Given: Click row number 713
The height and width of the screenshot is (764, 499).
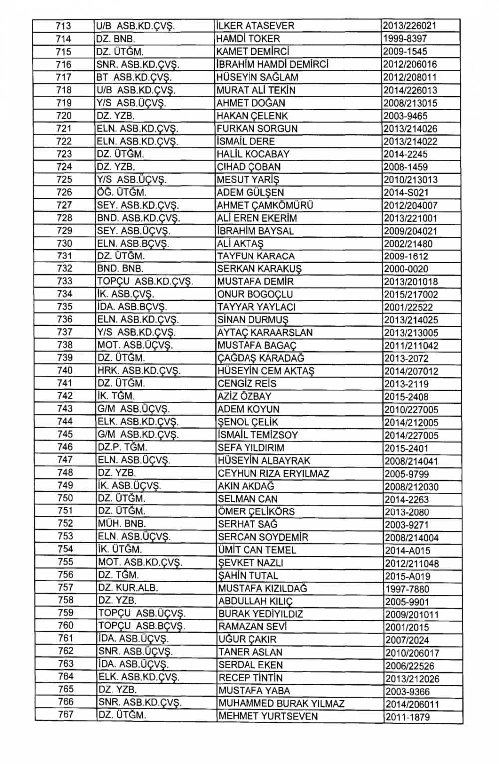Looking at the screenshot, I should click(64, 26).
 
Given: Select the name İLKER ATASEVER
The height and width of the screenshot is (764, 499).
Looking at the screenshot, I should click(255, 26).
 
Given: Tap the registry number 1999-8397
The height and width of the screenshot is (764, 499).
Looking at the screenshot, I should click(406, 39).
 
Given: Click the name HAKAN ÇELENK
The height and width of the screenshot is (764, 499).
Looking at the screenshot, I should click(252, 116).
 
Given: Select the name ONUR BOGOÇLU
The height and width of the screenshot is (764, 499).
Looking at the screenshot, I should click(255, 294).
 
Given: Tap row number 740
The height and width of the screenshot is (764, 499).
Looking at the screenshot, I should click(65, 370).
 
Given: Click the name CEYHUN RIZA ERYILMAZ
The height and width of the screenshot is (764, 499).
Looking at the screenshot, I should click(273, 473).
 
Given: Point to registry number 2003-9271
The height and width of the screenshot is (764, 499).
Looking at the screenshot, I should click(407, 525).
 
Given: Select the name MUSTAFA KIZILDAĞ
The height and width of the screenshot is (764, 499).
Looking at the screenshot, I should click(262, 588).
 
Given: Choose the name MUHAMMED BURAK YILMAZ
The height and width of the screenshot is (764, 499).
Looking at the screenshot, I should click(281, 704).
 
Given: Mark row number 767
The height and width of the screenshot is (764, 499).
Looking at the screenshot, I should click(65, 714).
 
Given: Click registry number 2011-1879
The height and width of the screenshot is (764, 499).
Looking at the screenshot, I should click(407, 717).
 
